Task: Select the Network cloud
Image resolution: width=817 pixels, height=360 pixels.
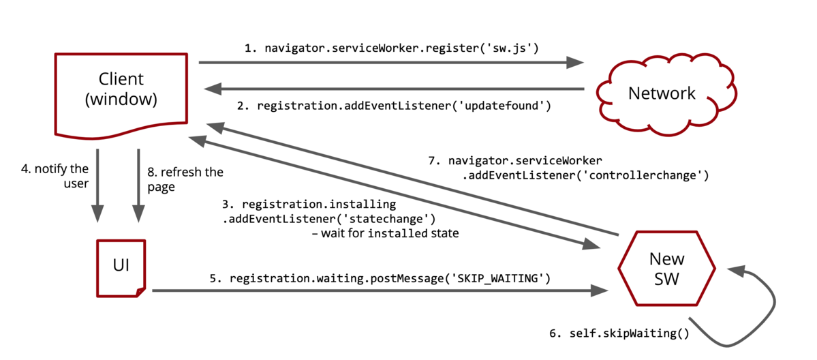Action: (661, 93)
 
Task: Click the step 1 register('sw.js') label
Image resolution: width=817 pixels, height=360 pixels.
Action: (392, 48)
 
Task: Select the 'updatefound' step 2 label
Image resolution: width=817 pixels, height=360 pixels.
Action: (403, 106)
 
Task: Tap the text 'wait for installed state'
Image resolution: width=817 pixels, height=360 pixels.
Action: (385, 234)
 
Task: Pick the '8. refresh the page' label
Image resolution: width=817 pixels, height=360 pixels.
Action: (185, 179)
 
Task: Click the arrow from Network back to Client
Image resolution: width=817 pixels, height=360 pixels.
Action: (395, 89)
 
